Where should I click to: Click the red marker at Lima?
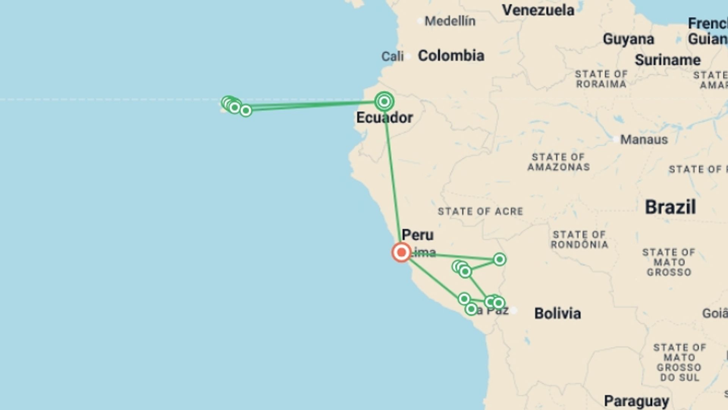(x=401, y=252)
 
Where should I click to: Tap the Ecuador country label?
(x=384, y=118)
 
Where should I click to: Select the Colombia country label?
(x=451, y=56)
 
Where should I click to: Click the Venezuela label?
(x=538, y=10)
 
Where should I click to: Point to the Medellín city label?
(x=450, y=21)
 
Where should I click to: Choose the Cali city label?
(x=392, y=57)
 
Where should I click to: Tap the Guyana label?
(x=628, y=39)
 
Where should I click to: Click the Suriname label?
(x=668, y=60)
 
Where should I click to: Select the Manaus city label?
(x=644, y=140)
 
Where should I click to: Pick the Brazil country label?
(x=670, y=207)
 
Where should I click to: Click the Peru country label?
(x=417, y=235)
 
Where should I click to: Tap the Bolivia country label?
(x=557, y=314)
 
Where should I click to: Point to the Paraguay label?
(x=636, y=401)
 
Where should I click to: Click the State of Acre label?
(x=480, y=211)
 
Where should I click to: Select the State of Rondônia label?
(x=579, y=240)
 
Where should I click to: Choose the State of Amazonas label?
(x=559, y=162)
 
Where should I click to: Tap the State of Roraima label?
(x=601, y=79)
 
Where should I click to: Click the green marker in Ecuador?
(x=384, y=102)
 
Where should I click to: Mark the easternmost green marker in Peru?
(x=499, y=259)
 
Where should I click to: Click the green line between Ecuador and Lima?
(x=392, y=175)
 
